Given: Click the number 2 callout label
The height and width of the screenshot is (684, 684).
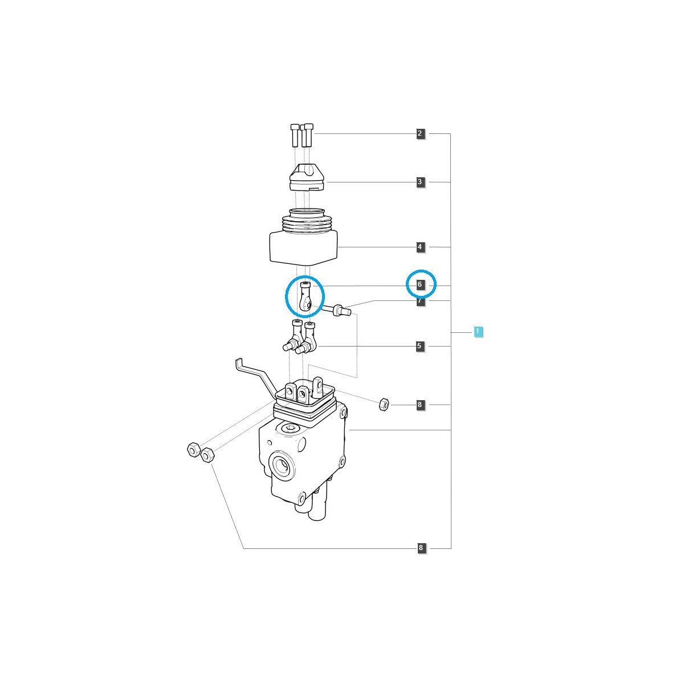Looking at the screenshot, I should (x=420, y=134).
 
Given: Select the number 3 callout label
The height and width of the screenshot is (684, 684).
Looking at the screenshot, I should (x=420, y=182).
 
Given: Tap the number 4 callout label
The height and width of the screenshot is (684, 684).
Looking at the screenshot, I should (x=420, y=247).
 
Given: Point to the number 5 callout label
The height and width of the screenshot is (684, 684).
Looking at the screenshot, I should (x=420, y=346).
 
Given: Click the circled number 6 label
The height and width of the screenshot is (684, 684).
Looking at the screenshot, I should (x=420, y=284).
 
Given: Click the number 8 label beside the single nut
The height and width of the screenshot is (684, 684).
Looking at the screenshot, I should (x=420, y=405).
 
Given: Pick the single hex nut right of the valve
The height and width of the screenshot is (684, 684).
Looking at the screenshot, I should (x=384, y=405).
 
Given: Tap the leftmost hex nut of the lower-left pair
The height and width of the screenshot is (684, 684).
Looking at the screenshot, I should (x=193, y=450).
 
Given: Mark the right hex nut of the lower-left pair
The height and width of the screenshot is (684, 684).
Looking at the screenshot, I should (x=207, y=455).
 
